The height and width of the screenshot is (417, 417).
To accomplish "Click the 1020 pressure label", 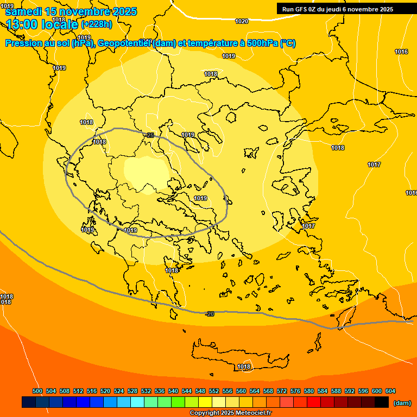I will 242,21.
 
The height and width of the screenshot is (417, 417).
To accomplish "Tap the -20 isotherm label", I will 210,314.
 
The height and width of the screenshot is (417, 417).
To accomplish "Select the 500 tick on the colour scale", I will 37,391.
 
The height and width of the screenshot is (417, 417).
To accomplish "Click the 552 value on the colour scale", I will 214,391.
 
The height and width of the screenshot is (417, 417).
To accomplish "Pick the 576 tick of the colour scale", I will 295,391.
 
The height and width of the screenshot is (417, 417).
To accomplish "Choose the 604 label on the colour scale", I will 390,391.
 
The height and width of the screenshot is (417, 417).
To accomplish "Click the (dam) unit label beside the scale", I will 402,403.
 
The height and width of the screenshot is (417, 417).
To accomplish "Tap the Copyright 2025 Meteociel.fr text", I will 231,413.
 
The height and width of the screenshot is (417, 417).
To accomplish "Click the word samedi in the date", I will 24,11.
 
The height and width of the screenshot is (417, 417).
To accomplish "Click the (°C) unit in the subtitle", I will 288,43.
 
